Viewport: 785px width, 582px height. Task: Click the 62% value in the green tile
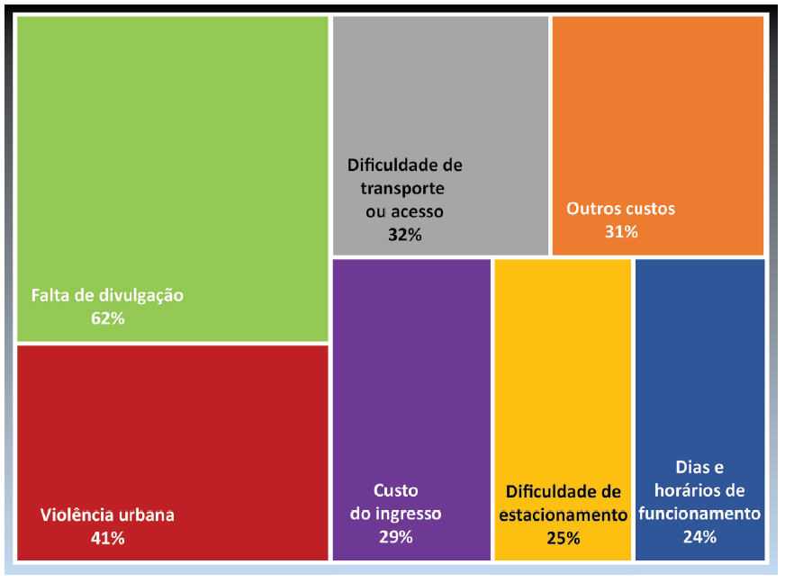click(x=107, y=318)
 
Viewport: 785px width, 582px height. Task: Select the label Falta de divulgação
click(x=107, y=295)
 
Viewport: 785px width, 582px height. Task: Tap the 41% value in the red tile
click(x=107, y=539)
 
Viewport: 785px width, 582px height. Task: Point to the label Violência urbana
click(x=107, y=515)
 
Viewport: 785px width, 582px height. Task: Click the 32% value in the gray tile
click(x=404, y=235)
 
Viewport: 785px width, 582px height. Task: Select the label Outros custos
click(x=620, y=209)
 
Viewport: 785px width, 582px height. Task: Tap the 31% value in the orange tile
click(x=621, y=232)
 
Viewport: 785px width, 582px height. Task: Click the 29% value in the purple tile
click(x=395, y=537)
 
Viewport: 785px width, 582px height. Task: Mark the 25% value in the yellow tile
click(x=563, y=539)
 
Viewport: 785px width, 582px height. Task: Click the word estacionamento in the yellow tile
click(x=563, y=515)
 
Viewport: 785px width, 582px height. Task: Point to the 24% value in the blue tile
click(x=699, y=537)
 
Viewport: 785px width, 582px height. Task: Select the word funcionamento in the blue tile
click(x=699, y=514)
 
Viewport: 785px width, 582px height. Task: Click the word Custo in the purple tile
click(x=395, y=491)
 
